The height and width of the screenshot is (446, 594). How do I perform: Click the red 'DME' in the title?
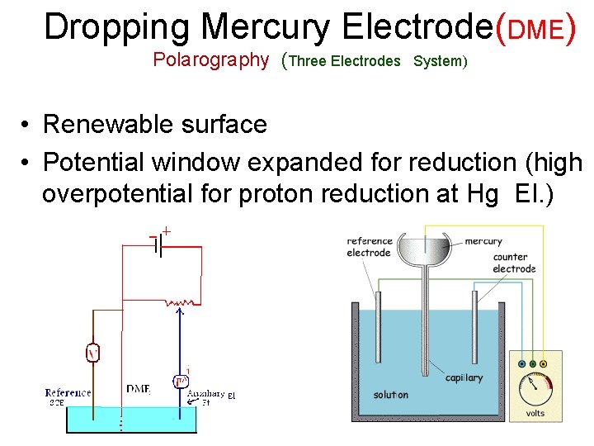click(536, 31)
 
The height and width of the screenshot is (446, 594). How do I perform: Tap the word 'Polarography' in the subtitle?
click(211, 60)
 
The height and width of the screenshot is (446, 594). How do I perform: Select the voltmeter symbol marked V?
click(93, 353)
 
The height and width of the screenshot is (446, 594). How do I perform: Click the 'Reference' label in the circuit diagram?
click(68, 393)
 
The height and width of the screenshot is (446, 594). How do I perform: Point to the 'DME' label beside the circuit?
click(139, 388)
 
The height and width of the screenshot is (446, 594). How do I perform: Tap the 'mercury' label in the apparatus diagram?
click(483, 241)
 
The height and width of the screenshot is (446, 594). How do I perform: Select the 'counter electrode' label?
click(514, 263)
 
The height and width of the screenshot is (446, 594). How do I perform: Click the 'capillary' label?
click(464, 378)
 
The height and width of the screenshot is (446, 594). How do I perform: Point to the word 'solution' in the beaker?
click(390, 395)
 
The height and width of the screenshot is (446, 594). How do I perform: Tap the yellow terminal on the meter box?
click(544, 363)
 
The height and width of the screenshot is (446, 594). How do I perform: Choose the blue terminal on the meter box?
click(521, 363)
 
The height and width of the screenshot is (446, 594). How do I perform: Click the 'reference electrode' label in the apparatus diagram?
click(369, 247)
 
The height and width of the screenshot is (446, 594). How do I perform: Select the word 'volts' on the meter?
click(535, 414)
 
